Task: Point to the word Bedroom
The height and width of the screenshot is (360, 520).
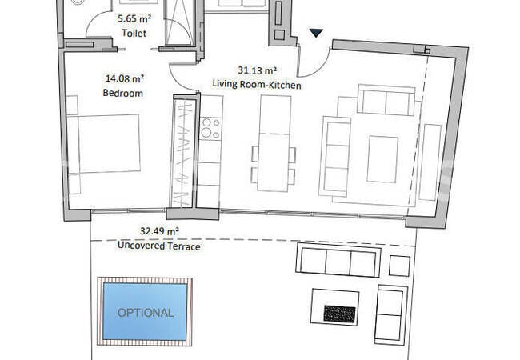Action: [123, 94]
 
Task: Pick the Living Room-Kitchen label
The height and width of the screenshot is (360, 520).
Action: [257, 83]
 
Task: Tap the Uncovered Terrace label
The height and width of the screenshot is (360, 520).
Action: [159, 246]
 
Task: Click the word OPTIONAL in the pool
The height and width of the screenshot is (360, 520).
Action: [146, 312]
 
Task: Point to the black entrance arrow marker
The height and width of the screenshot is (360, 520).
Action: [317, 33]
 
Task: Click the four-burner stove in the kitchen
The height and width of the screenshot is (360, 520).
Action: [210, 129]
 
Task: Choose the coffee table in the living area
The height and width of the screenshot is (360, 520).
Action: [382, 158]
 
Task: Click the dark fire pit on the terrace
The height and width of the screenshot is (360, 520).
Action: [339, 313]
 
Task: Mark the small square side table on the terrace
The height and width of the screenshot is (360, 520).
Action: [399, 265]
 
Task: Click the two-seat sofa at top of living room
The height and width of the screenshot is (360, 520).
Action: [386, 101]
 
